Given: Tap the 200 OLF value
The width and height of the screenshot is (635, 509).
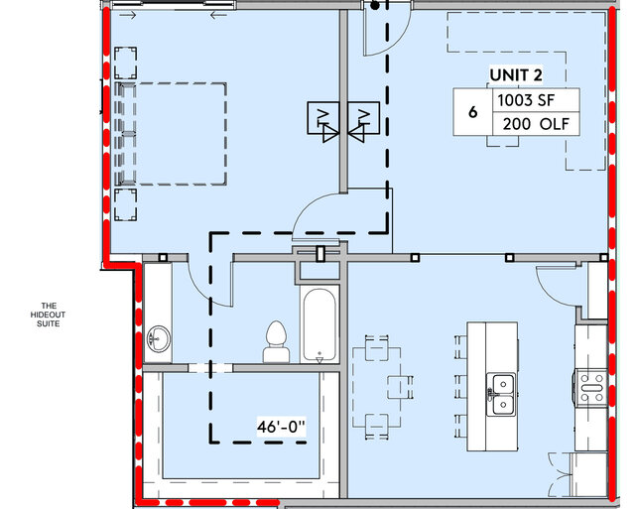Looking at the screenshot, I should [534, 126].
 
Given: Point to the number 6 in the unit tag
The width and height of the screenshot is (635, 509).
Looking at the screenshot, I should [473, 113].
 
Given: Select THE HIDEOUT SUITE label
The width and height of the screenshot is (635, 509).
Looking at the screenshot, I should [47, 315].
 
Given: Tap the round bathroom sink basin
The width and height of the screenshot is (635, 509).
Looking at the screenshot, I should [158, 339].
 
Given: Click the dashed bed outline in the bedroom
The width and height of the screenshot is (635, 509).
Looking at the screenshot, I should [174, 134].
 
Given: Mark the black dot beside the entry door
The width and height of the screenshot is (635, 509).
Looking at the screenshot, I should [375, 6].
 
